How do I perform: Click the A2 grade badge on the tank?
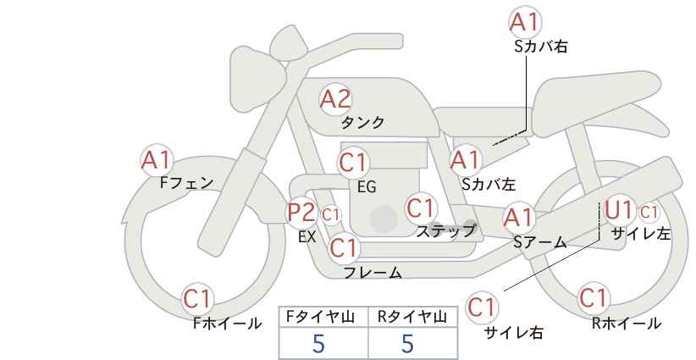335,99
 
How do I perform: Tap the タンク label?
362,122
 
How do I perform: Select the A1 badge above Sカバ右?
525,22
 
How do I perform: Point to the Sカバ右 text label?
541,47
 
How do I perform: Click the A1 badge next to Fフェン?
157,161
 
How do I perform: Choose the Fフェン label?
187,183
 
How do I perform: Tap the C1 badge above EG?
353,163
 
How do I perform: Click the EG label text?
367,187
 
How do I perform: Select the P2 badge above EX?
301,213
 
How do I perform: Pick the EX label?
307,236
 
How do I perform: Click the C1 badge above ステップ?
421,208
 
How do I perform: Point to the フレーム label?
373,273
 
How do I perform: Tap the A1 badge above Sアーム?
518,218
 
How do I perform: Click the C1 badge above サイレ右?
482,307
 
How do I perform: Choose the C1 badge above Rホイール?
594,298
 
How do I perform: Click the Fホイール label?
227,324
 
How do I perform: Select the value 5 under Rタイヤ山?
407,343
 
